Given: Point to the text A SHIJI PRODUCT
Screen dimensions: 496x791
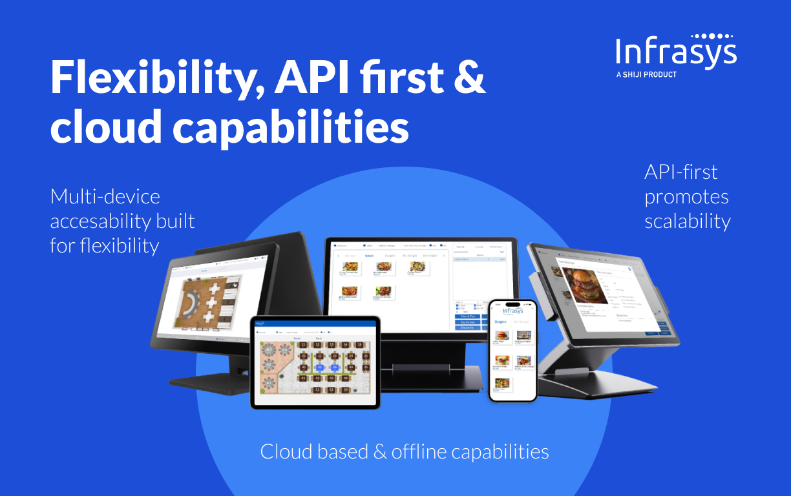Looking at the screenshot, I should click(x=646, y=75).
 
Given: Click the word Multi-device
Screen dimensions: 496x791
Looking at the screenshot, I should click(x=105, y=196).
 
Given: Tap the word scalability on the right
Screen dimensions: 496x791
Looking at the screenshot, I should click(x=687, y=222).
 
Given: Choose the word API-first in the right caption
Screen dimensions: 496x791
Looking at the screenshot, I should click(x=681, y=172).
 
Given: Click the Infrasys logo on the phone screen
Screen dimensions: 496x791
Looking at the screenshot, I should click(x=512, y=311).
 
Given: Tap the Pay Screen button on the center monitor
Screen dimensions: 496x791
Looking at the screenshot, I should click(x=467, y=322).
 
